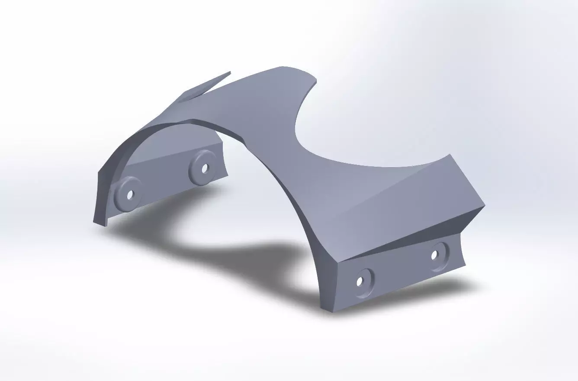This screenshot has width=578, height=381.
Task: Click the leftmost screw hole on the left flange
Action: click(129, 196)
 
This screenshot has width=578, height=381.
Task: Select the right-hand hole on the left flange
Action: click(204, 167)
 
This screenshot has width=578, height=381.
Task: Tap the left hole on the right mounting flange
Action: click(360, 282)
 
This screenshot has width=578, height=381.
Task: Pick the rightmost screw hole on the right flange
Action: click(435, 254)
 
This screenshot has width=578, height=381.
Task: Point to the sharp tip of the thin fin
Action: click(230, 72)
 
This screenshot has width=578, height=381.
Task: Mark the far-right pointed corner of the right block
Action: click(485, 206)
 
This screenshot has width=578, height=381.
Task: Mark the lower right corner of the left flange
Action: click(227, 175)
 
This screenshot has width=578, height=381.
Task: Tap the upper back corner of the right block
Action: click(450, 154)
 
